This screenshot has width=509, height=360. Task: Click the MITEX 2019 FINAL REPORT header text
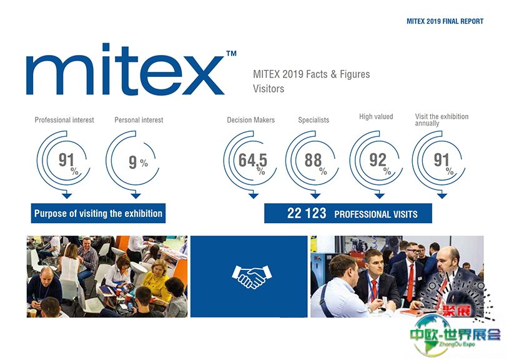coord(445,21)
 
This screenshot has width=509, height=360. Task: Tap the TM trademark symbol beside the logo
coord(231,53)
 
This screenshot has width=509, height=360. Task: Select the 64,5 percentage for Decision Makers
coord(252,160)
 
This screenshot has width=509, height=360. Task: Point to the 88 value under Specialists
coord(313,160)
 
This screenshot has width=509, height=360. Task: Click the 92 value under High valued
coord(378,160)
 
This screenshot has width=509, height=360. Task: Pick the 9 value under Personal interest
coord(133,162)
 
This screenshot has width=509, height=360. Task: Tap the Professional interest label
coord(64,120)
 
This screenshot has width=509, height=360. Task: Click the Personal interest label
coord(139,120)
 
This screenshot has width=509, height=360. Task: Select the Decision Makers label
coord(250,120)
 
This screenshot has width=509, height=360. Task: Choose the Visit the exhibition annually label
coord(442,120)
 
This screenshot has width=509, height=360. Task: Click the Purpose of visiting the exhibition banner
coord(98,213)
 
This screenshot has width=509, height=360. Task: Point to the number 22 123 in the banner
coord(307,213)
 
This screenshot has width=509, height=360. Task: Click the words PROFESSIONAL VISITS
coord(376,214)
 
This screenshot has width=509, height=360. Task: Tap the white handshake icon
coord(252,277)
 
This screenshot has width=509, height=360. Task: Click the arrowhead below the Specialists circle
coord(315,196)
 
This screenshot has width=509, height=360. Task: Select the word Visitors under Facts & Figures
coord(269,89)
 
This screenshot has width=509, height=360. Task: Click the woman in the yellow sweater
coord(158,279)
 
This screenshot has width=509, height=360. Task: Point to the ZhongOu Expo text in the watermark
coord(457,344)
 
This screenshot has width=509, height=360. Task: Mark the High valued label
coord(376,116)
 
